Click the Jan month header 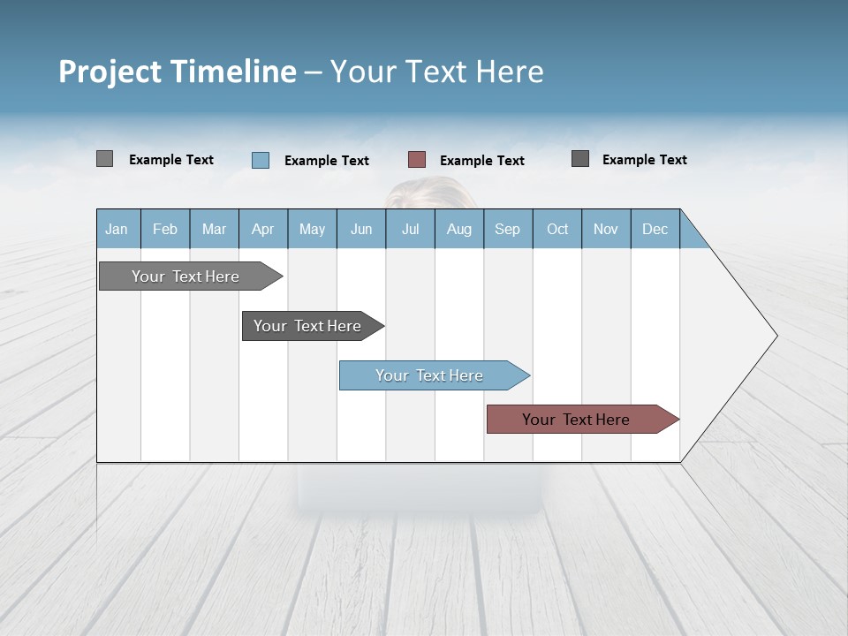pos(117,229)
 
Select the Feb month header pos(165,229)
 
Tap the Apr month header pos(263,229)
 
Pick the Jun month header pos(361,229)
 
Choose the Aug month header pos(459,229)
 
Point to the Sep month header pos(508,229)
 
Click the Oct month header pos(557,229)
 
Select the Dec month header pos(655,229)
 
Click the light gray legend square pos(104,159)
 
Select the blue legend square pos(261,160)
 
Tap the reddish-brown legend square pos(417,160)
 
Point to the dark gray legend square pos(580,159)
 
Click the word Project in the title pos(110,72)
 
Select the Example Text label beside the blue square pos(327,161)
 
